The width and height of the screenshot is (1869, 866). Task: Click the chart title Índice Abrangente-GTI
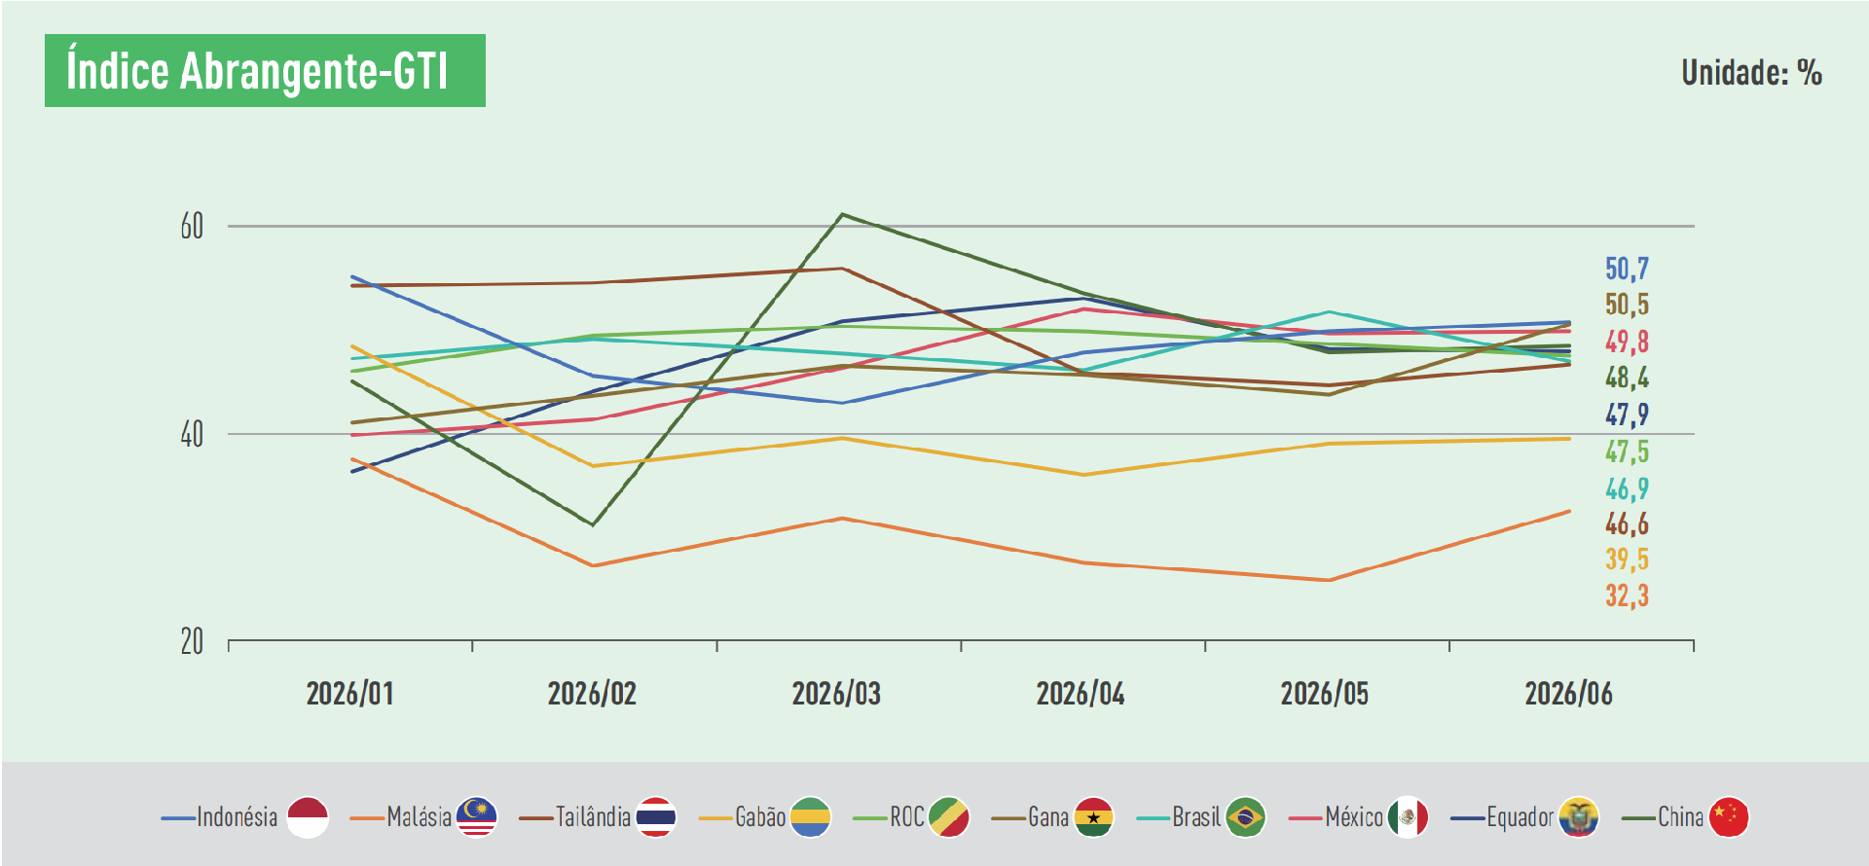pos(257,71)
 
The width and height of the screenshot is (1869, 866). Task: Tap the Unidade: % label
pos(1751,72)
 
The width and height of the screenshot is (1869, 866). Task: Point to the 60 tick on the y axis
pos(192,226)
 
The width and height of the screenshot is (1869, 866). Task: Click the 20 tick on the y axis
pos(192,641)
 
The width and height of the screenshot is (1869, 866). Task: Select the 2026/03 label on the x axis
pos(836,694)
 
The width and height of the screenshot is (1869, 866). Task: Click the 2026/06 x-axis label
pos(1568,694)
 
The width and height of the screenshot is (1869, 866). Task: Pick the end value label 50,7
pos(1627,269)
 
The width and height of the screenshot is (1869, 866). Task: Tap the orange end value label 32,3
pos(1627,595)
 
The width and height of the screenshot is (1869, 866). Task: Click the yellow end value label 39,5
pos(1627,559)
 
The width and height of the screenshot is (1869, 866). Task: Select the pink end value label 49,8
pos(1627,342)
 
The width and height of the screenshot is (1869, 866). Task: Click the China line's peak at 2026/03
pos(842,214)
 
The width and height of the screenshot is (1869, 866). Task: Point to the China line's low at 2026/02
pos(592,524)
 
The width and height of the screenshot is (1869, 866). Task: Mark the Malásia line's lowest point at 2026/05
pos(1329,580)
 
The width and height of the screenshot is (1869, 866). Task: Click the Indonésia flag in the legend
pos(308,817)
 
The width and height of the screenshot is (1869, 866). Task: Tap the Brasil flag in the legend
pos(1245,817)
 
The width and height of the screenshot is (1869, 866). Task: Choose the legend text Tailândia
pos(593,816)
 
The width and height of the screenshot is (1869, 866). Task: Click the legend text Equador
pos(1520,816)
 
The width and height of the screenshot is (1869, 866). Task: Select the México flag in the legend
pos(1408,817)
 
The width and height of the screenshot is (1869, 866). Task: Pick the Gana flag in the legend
pos(1093,817)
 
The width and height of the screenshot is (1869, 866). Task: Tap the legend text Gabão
pos(760,816)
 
